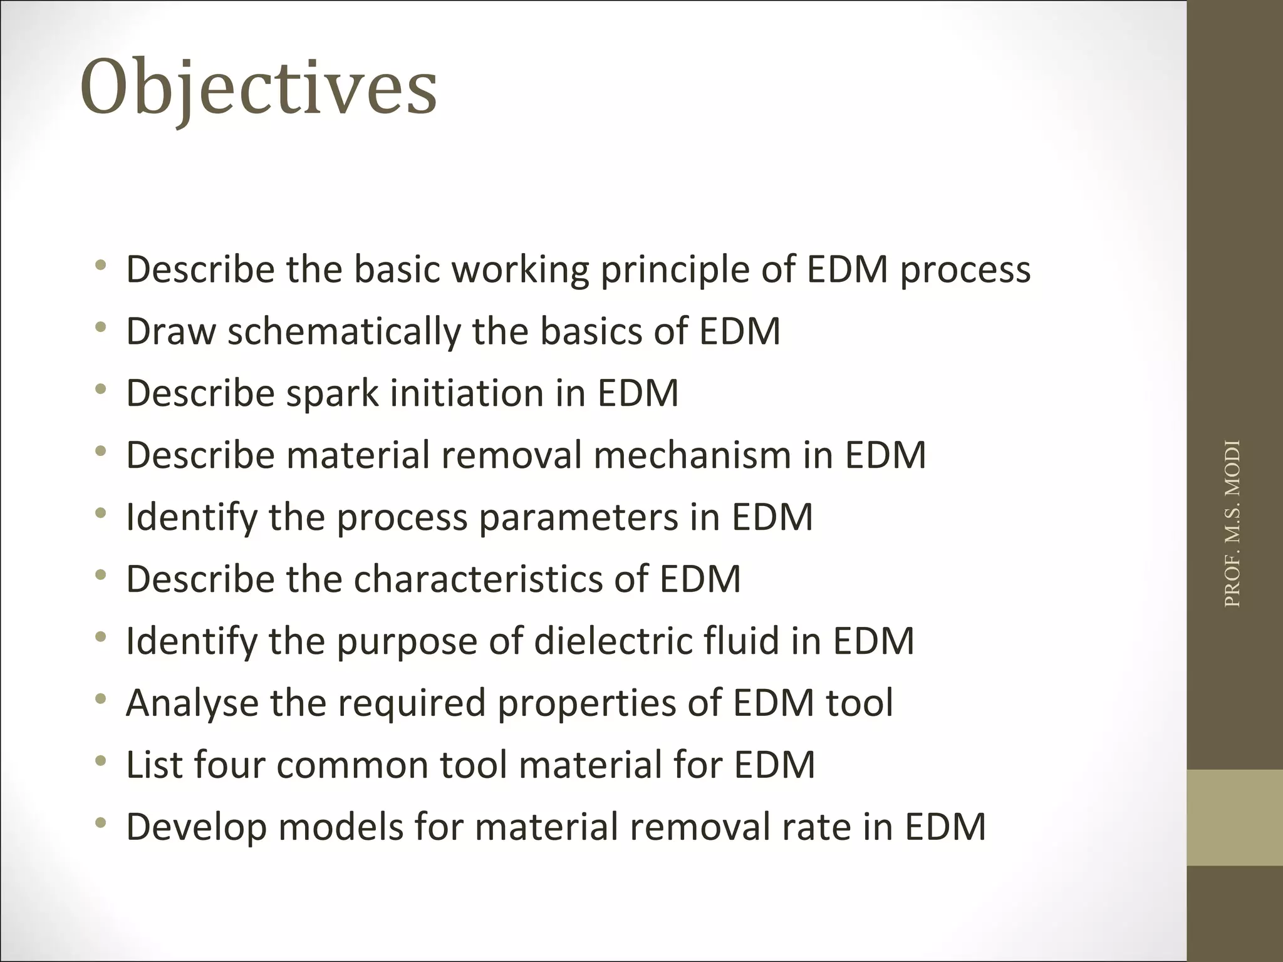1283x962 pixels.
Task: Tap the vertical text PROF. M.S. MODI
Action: click(1232, 524)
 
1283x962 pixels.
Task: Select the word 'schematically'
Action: click(343, 332)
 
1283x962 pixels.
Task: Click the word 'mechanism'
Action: click(692, 455)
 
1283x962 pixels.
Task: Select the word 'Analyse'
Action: click(192, 703)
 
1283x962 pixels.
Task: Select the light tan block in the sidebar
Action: click(1235, 817)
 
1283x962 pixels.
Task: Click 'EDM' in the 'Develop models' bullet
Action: click(945, 827)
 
